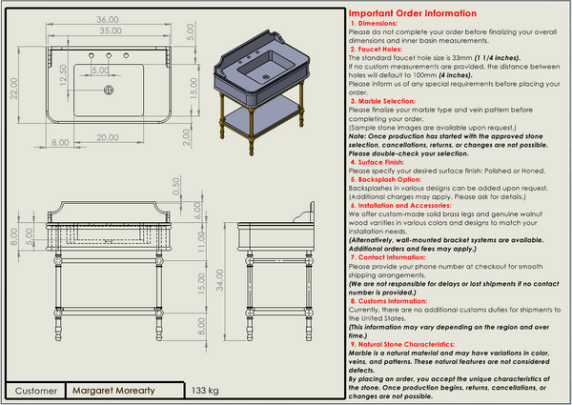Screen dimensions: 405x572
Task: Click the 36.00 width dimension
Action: coord(107,19)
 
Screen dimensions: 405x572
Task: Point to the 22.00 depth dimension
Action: coord(14,87)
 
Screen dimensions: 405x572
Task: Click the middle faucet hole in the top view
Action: coord(110,57)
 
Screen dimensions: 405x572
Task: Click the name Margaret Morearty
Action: coord(126,391)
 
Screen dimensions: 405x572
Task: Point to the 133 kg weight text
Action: coord(205,391)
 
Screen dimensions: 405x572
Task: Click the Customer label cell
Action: coord(36,391)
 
